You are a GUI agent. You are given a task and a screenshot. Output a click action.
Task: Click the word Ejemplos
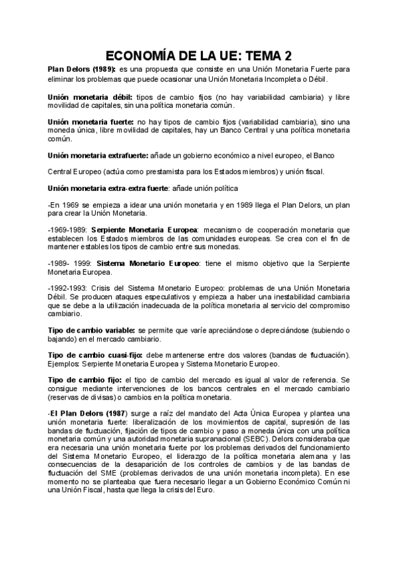tap(65, 364)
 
